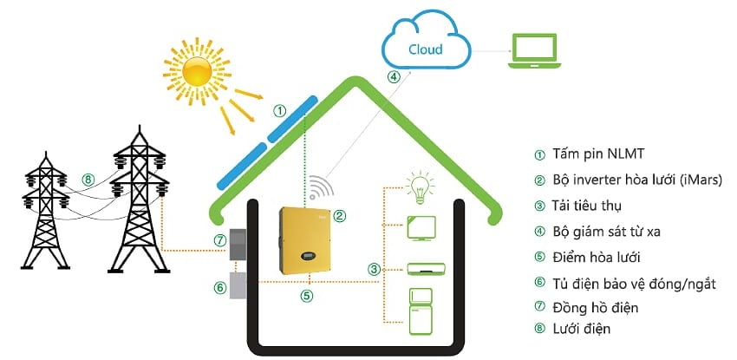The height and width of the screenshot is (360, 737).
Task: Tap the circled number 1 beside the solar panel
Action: (x=279, y=111)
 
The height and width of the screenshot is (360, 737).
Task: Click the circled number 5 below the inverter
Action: (x=305, y=295)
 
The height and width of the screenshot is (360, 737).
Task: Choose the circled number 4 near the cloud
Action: (x=394, y=76)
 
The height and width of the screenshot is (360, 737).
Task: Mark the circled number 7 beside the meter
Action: (x=218, y=239)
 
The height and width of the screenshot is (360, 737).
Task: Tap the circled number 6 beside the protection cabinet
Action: (x=218, y=287)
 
